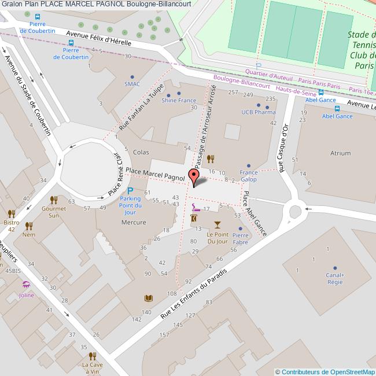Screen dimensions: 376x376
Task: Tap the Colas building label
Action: click(141, 152)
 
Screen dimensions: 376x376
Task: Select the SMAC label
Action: click(132, 84)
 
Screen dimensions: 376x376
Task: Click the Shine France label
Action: click(179, 100)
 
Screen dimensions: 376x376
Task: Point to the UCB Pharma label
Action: click(258, 112)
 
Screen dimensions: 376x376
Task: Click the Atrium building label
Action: click(340, 153)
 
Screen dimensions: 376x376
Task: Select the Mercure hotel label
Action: click(133, 222)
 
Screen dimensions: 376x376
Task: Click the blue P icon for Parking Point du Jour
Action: click(130, 190)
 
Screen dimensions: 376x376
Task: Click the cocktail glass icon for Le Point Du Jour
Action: click(218, 224)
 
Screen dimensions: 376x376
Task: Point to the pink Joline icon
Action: click(26, 285)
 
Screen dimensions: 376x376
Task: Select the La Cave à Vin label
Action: click(93, 368)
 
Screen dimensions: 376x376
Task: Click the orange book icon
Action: click(148, 298)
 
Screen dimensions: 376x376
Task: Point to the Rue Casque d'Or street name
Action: click(283, 148)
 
